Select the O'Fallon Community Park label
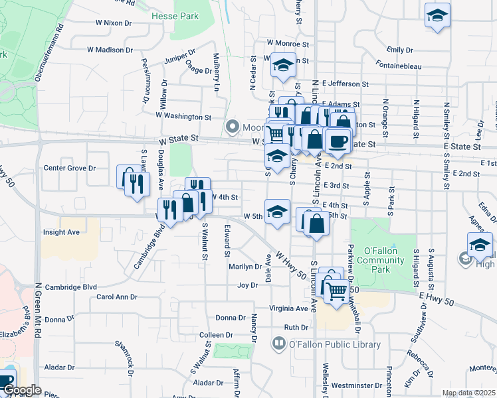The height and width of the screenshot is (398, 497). pos(376,256)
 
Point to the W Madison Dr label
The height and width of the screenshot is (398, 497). pos(110,50)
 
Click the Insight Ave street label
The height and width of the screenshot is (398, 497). pos(61,232)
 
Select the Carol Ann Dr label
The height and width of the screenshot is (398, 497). pos(116,297)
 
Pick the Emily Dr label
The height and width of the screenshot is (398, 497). pos(400,50)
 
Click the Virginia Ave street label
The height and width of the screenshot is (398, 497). pos(289,308)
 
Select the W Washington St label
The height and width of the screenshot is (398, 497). pos(183,117)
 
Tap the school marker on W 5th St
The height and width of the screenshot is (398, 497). pos(277,212)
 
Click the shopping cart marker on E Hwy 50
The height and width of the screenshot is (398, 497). pos(338,289)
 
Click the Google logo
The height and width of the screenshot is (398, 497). pos(23,390)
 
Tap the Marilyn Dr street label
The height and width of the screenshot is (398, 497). pos(245,267)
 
